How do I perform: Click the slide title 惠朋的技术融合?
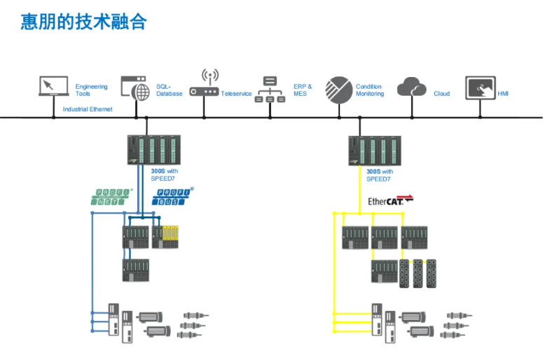tap(83, 22)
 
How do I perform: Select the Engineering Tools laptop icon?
tap(53, 87)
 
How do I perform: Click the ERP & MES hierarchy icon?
tap(270, 89)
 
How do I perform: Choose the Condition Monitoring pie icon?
tap(338, 89)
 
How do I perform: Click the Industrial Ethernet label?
tap(88, 109)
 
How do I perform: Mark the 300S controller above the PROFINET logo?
tap(153, 150)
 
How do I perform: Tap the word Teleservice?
tap(236, 93)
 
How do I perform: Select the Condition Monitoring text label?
tap(370, 90)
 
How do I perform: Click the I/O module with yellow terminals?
tap(165, 237)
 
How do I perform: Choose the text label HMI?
tap(503, 93)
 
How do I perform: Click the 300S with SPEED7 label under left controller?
tap(164, 174)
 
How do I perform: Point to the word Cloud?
tap(441, 93)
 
